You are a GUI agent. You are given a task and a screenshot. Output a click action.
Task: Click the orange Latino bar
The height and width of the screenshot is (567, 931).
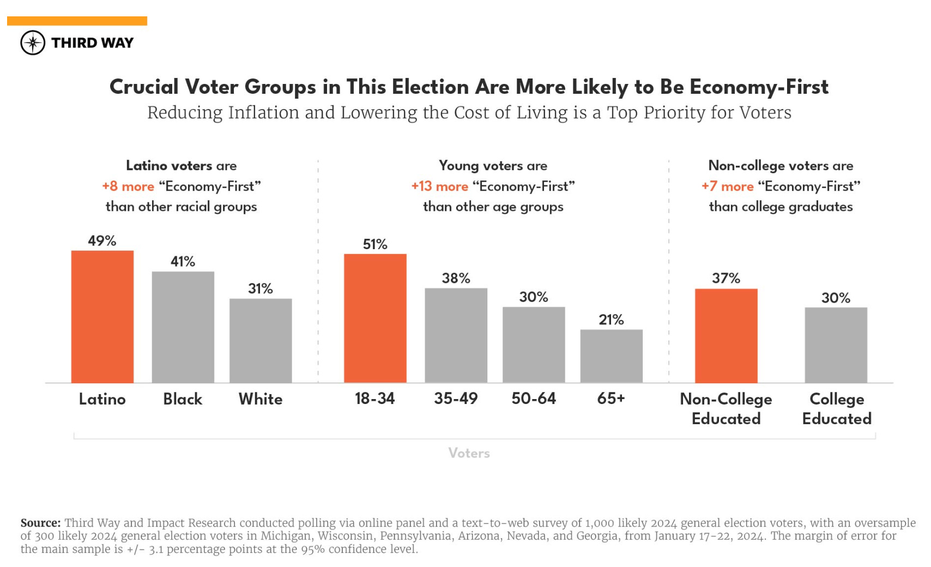102,317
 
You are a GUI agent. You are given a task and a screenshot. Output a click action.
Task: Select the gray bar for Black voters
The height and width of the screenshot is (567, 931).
183,327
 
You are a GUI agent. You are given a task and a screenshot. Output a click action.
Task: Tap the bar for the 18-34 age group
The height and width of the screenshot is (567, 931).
375,318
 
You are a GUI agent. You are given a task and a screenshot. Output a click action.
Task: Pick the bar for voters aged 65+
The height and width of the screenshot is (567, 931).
611,356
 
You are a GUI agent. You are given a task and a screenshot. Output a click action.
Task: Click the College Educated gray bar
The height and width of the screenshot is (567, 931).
836,345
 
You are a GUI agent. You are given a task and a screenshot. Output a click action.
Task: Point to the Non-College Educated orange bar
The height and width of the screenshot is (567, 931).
726,336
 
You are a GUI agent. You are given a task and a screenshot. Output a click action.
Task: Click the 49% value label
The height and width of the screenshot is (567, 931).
102,241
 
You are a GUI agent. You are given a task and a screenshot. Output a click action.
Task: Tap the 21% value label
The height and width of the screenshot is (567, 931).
611,320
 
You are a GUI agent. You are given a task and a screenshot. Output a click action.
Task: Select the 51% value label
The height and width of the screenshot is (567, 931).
375,244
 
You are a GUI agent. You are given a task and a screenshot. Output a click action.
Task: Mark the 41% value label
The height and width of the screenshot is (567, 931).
183,262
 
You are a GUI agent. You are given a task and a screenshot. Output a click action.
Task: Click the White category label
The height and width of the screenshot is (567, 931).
261,399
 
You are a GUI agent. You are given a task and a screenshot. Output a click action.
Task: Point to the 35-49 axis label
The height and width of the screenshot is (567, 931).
456,399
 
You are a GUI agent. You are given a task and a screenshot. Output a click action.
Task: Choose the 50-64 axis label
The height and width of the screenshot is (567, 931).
534,399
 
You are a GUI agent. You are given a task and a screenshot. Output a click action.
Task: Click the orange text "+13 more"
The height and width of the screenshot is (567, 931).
440,186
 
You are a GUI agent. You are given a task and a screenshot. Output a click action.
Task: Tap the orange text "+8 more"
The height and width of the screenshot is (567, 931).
128,186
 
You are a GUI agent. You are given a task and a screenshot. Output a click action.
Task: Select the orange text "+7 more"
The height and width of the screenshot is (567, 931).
728,186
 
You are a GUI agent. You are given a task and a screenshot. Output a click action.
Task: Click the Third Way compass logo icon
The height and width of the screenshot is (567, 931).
33,43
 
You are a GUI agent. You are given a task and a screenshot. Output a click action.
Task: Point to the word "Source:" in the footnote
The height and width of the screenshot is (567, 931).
40,523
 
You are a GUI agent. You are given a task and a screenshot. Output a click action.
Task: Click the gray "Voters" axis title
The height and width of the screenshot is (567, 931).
469,453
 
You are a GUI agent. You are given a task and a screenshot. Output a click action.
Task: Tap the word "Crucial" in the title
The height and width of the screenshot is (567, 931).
144,87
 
